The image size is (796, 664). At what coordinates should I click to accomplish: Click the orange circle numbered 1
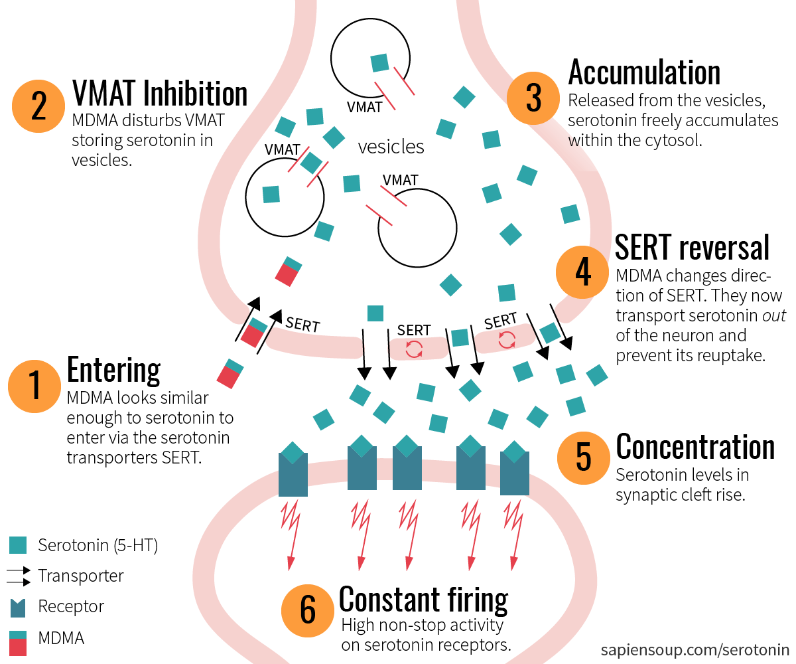34,386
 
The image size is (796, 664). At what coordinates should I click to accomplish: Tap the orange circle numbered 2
38,106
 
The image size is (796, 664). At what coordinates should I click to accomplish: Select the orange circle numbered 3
533,98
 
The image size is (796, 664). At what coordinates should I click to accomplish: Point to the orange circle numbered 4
582,273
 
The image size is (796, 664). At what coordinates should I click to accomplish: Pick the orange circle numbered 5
583,457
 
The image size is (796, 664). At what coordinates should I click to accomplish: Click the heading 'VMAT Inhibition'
159,94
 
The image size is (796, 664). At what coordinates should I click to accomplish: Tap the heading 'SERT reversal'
692,246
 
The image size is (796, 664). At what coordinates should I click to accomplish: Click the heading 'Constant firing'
423,599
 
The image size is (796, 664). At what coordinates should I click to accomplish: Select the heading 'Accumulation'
644,72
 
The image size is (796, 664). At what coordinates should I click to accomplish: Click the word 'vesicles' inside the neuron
391,147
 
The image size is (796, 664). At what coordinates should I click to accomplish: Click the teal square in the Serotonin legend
18,545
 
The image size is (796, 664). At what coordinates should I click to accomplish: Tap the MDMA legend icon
18,642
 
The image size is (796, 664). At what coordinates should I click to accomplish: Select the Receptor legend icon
18,607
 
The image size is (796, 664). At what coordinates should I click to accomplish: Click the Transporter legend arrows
18,576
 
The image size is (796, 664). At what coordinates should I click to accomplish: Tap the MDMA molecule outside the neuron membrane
229,374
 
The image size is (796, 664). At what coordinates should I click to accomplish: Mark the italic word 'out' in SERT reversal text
774,315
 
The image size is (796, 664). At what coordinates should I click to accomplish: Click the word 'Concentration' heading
695,447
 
